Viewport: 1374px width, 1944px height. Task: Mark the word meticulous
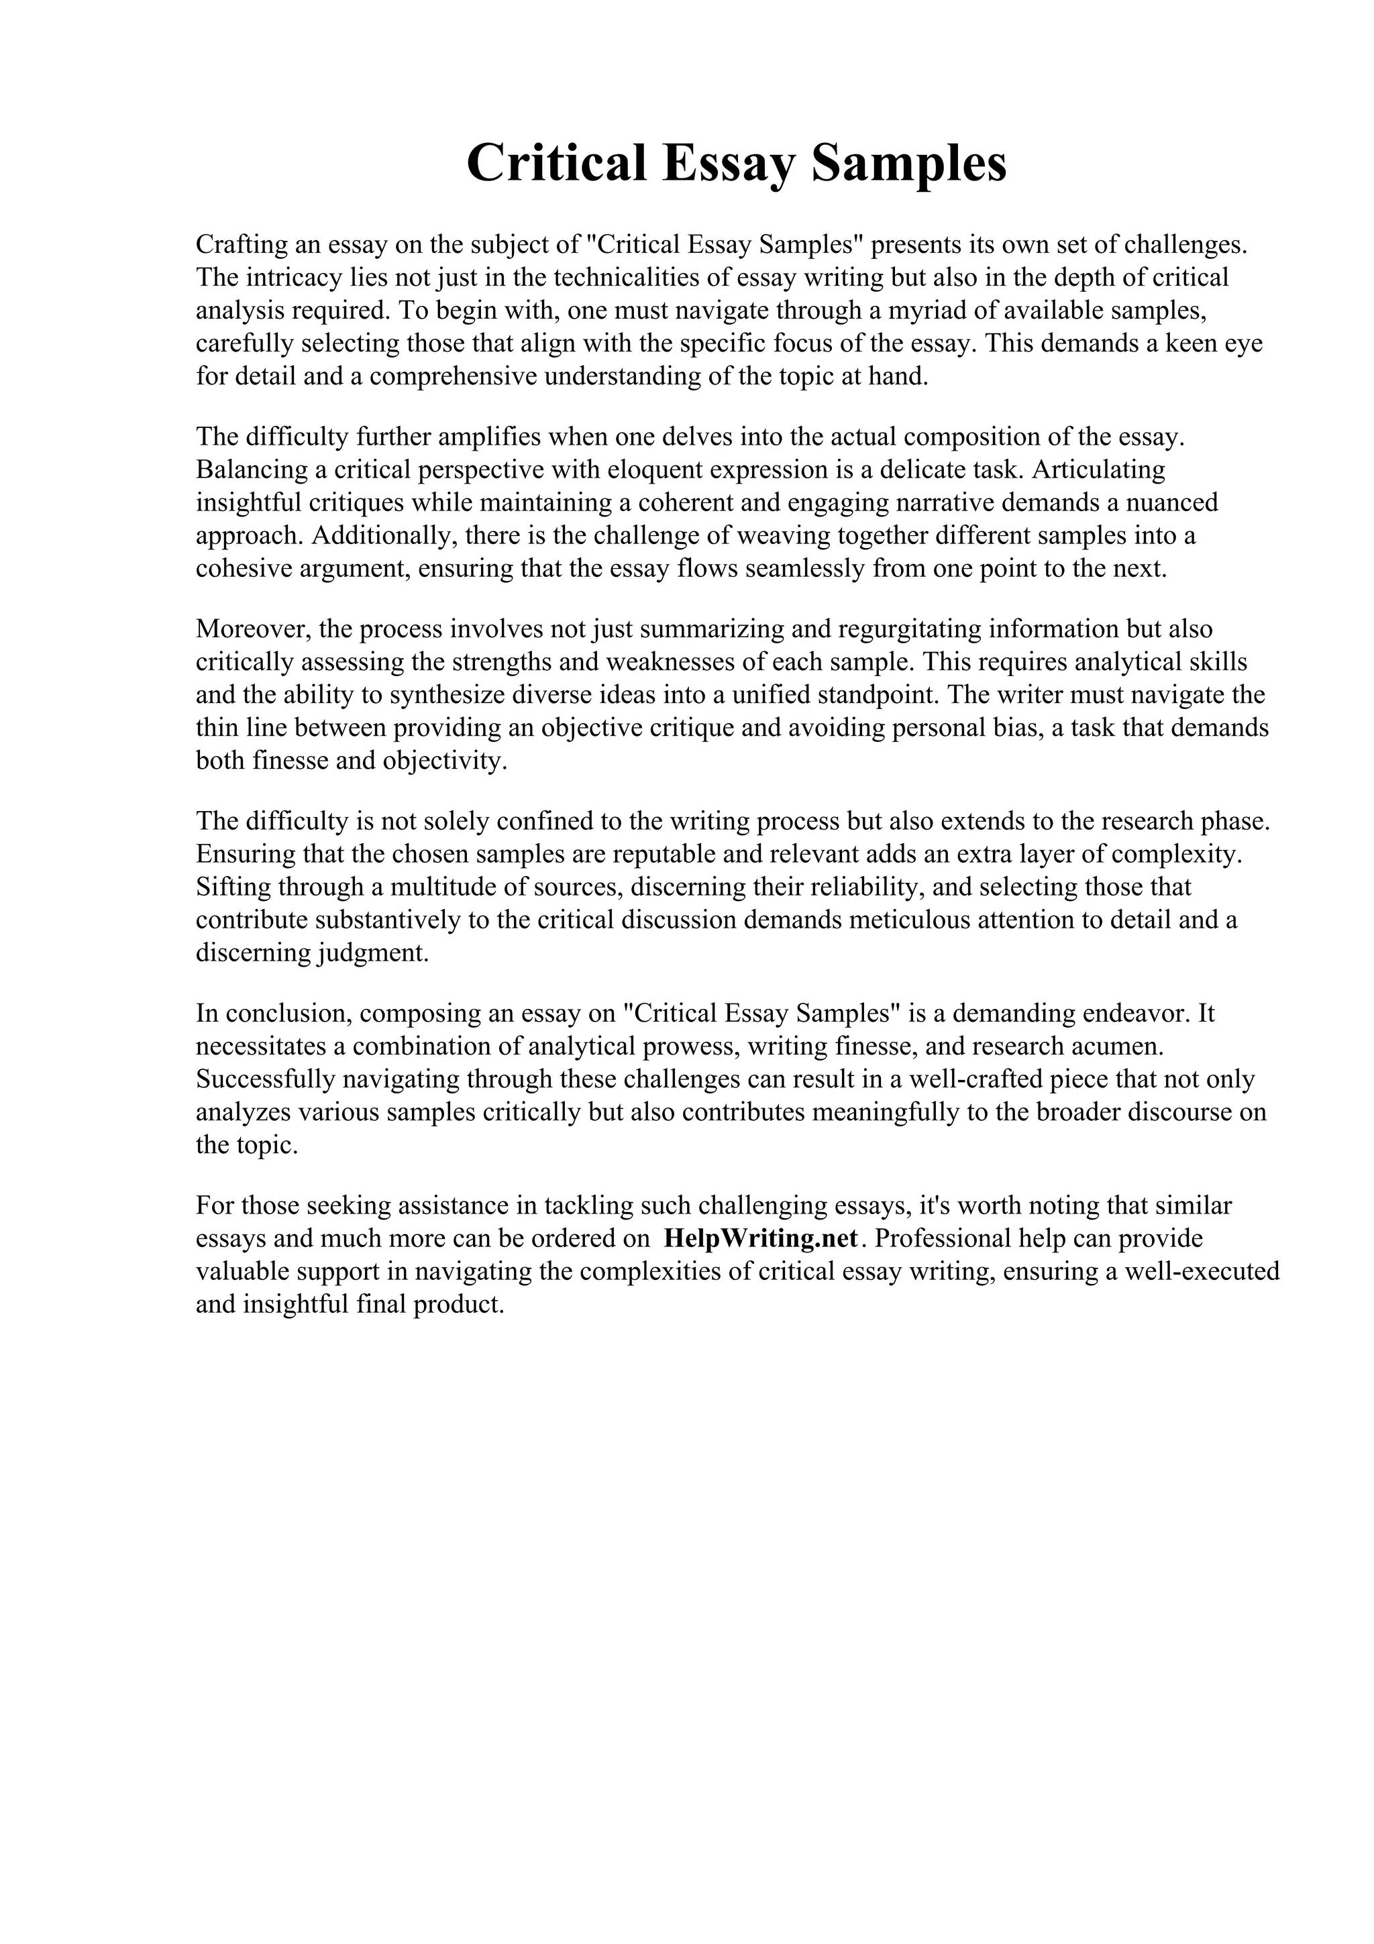[909, 920]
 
